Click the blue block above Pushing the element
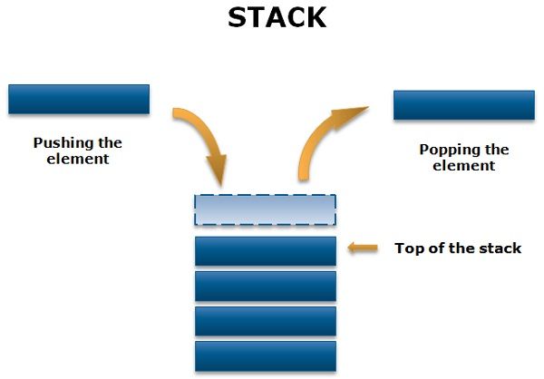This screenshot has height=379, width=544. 79,99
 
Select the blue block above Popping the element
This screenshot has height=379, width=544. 463,105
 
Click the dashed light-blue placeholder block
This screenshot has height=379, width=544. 265,210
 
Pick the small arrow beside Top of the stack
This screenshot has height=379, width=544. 363,247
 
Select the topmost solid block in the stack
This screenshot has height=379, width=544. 265,251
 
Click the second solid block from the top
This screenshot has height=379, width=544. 265,286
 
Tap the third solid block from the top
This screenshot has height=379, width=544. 265,321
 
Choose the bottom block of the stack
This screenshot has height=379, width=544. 265,355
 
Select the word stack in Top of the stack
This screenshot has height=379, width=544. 502,248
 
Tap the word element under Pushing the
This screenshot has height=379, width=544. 78,159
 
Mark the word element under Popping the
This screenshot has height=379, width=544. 463,166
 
